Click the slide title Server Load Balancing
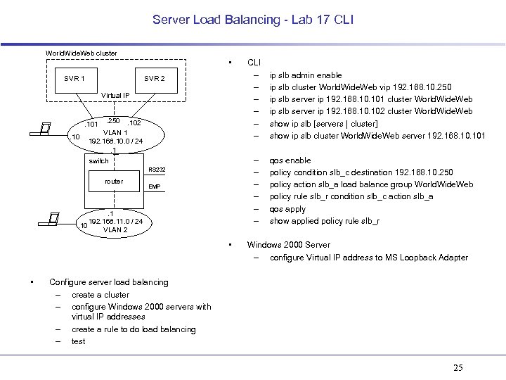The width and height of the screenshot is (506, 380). pos(253,20)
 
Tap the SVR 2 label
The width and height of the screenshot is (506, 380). pos(154,78)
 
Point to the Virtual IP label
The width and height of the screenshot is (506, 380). pos(115,95)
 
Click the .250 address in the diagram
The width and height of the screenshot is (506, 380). pos(111,121)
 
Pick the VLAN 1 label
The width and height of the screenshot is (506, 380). pos(115,132)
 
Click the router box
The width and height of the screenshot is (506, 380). pos(114,182)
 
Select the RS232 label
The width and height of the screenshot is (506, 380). pos(156,170)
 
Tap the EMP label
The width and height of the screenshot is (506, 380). pos(155,186)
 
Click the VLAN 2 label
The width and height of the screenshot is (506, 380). pos(115,230)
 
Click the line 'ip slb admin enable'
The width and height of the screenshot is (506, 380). pos(306,75)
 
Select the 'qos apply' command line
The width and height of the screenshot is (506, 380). pos(287,209)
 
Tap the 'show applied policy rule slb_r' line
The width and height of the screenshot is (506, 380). pos(325,221)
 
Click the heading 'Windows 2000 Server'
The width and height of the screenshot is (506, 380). pos(288,245)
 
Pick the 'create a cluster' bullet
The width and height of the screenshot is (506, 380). pos(100,294)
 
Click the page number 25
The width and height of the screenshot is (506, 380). pos(458,368)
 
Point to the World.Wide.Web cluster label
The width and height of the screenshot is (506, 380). pos(81,53)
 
